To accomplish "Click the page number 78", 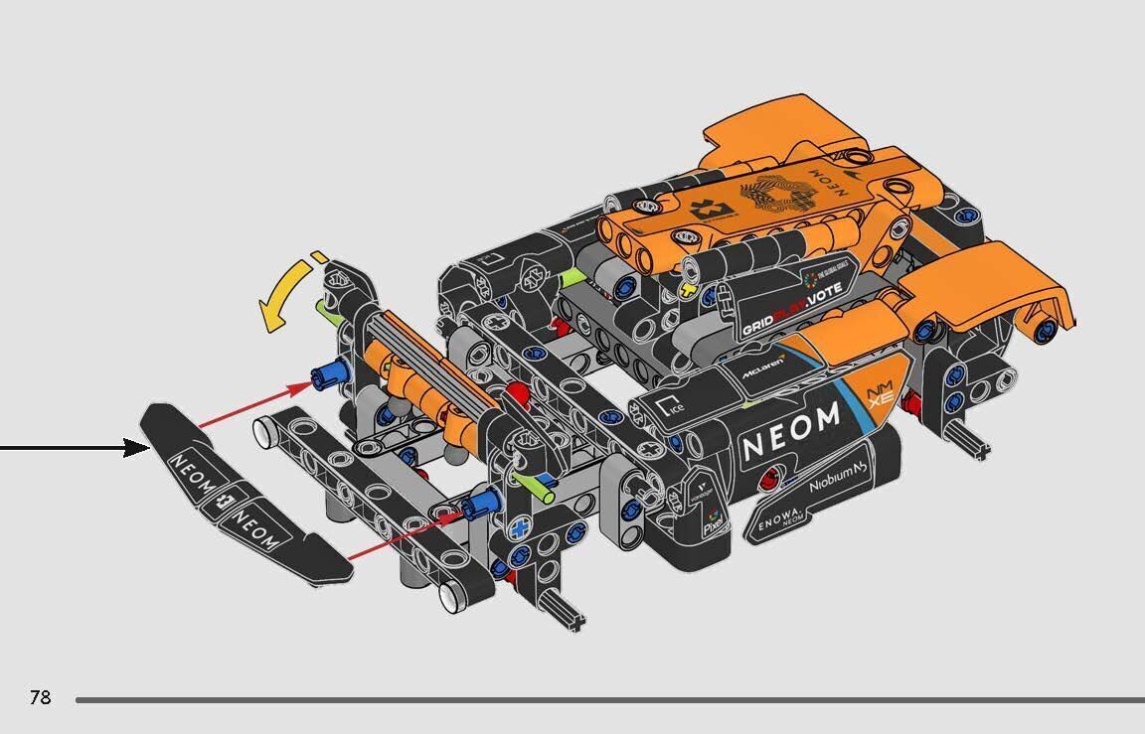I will point(40,697).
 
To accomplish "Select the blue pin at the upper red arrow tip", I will point(325,374).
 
